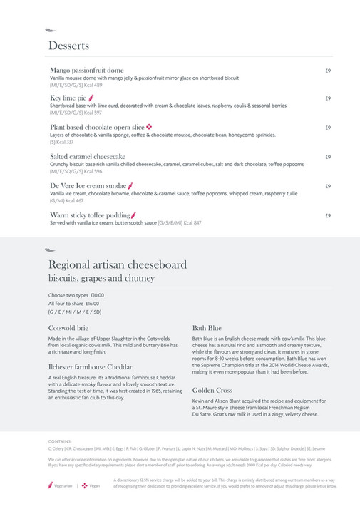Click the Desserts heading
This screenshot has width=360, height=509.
point(68,46)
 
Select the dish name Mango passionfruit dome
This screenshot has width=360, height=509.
point(86,71)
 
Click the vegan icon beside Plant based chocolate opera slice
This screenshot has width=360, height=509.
point(149,126)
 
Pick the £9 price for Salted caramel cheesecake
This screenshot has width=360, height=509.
point(327,156)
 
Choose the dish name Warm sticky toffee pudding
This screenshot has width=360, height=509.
point(90,215)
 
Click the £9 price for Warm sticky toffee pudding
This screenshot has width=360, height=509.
point(327,215)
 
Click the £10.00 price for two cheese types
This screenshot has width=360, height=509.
point(97,295)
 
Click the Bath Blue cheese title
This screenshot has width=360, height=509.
point(207,328)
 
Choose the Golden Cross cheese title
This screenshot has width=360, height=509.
point(212,390)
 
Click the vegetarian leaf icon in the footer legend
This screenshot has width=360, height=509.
point(50,485)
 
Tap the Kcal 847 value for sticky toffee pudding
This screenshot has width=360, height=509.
point(193,223)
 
